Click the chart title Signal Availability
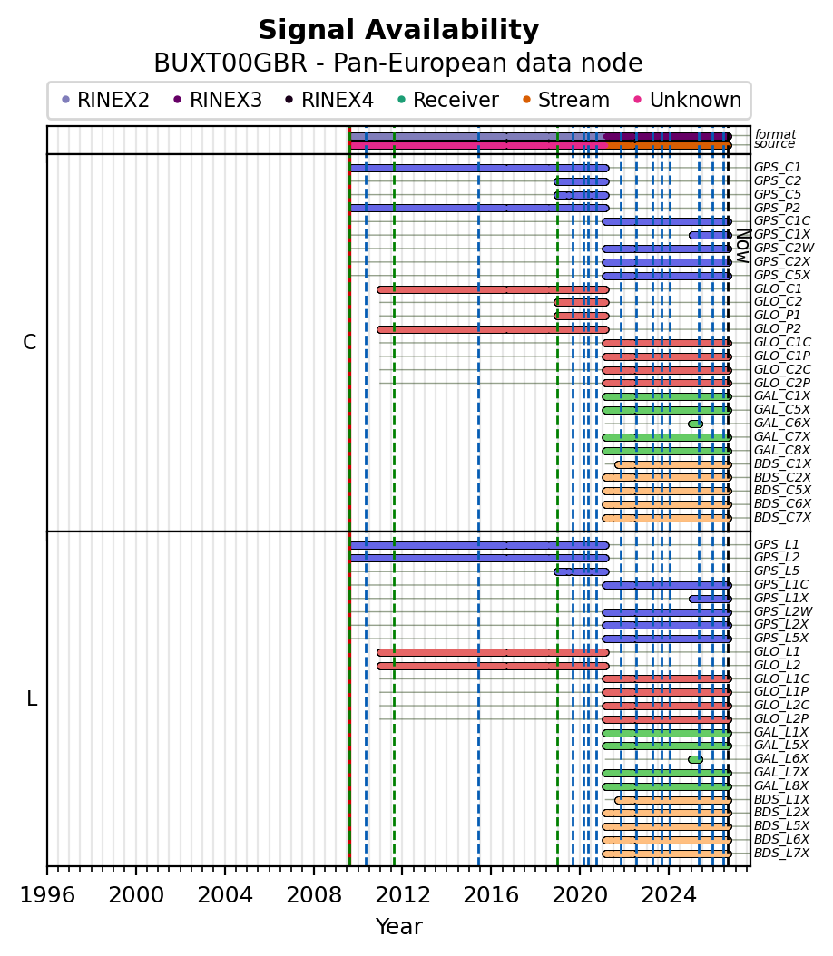[x=398, y=30]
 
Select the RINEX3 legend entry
[x=218, y=100]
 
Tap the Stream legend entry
[x=566, y=100]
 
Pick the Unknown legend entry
[x=688, y=100]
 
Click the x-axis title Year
[x=399, y=927]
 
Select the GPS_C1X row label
[x=782, y=234]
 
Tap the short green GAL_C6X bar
[x=695, y=424]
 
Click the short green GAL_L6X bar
[x=695, y=759]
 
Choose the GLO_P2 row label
[x=778, y=328]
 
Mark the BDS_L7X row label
[x=782, y=853]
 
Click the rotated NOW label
[x=743, y=245]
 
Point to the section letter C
[x=29, y=342]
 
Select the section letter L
[x=32, y=698]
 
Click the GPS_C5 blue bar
[x=581, y=195]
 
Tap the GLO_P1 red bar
[x=581, y=316]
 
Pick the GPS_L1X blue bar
[x=710, y=599]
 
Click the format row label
[x=776, y=134]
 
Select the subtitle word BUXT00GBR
[x=230, y=63]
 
